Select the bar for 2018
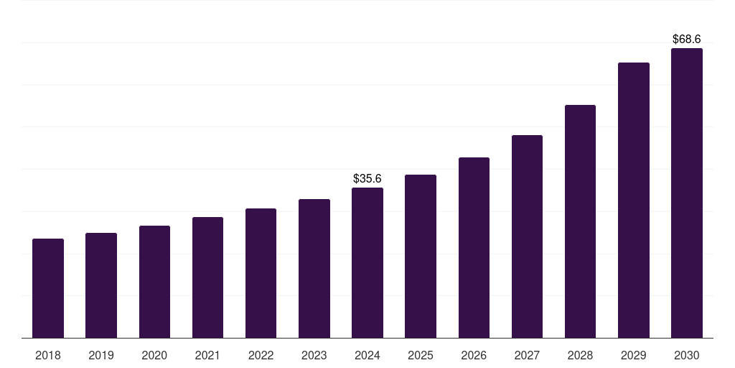pyautogui.click(x=48, y=288)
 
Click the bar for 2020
pyautogui.click(x=155, y=282)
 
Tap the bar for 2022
pyautogui.click(x=261, y=273)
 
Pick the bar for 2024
pyautogui.click(x=367, y=263)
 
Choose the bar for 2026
pyautogui.click(x=474, y=248)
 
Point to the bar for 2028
pyautogui.click(x=580, y=221)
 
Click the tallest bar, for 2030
pyautogui.click(x=687, y=193)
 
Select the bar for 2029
pyautogui.click(x=634, y=200)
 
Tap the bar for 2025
pyautogui.click(x=421, y=257)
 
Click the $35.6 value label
pyautogui.click(x=367, y=179)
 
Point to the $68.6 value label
pyautogui.click(x=687, y=39)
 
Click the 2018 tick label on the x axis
pyautogui.click(x=48, y=356)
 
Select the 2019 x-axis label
pyautogui.click(x=101, y=356)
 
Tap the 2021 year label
pyautogui.click(x=207, y=356)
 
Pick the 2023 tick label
pyautogui.click(x=314, y=356)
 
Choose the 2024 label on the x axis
pyautogui.click(x=367, y=356)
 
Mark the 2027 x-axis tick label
pyautogui.click(x=527, y=356)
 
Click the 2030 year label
pyautogui.click(x=687, y=356)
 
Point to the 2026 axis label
pyautogui.click(x=474, y=356)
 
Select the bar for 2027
pyautogui.click(x=527, y=236)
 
